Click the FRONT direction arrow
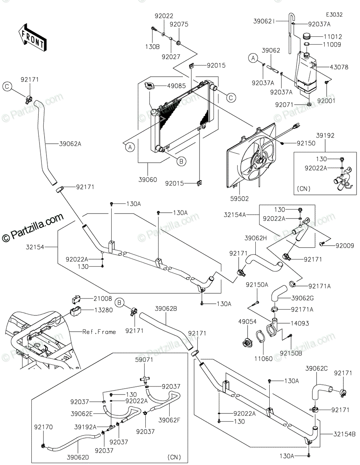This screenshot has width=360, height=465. tap(32, 38)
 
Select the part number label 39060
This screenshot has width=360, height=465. tap(148, 180)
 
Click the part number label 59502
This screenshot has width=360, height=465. tap(239, 199)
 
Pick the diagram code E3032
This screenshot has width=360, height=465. tap(334, 15)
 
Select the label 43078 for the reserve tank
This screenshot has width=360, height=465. tap(339, 67)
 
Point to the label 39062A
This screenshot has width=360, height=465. tap(70, 144)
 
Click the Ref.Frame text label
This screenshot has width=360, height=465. tap(99, 332)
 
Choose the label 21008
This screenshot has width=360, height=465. tap(103, 299)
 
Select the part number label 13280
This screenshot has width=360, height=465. tap(103, 310)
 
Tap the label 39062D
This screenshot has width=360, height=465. tap(78, 458)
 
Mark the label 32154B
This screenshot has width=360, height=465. tap(344, 434)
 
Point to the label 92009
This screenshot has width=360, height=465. tap(345, 246)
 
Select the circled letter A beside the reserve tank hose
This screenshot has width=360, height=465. tap(253, 58)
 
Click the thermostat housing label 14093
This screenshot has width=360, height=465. tap(300, 323)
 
